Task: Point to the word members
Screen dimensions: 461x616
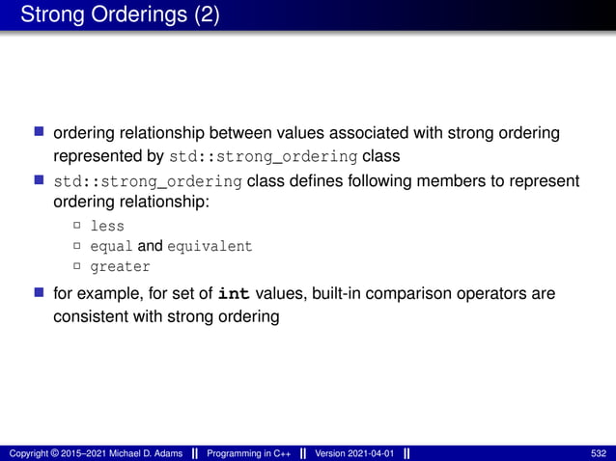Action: click(x=451, y=181)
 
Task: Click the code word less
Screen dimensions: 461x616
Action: click(x=107, y=227)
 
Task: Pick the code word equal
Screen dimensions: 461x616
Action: click(x=111, y=247)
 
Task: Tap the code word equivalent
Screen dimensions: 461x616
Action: click(x=210, y=247)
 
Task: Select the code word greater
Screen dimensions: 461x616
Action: click(x=120, y=266)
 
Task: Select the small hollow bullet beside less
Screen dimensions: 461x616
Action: click(x=76, y=227)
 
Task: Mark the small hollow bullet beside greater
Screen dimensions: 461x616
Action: click(x=76, y=266)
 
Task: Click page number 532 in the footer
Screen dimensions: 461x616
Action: click(x=599, y=453)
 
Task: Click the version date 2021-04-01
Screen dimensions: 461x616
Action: click(x=370, y=453)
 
